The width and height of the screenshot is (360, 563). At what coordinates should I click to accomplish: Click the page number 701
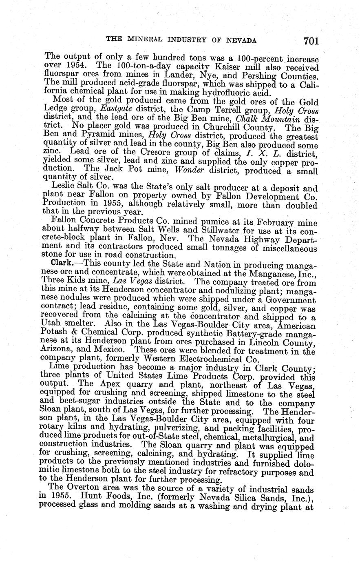(310, 40)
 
